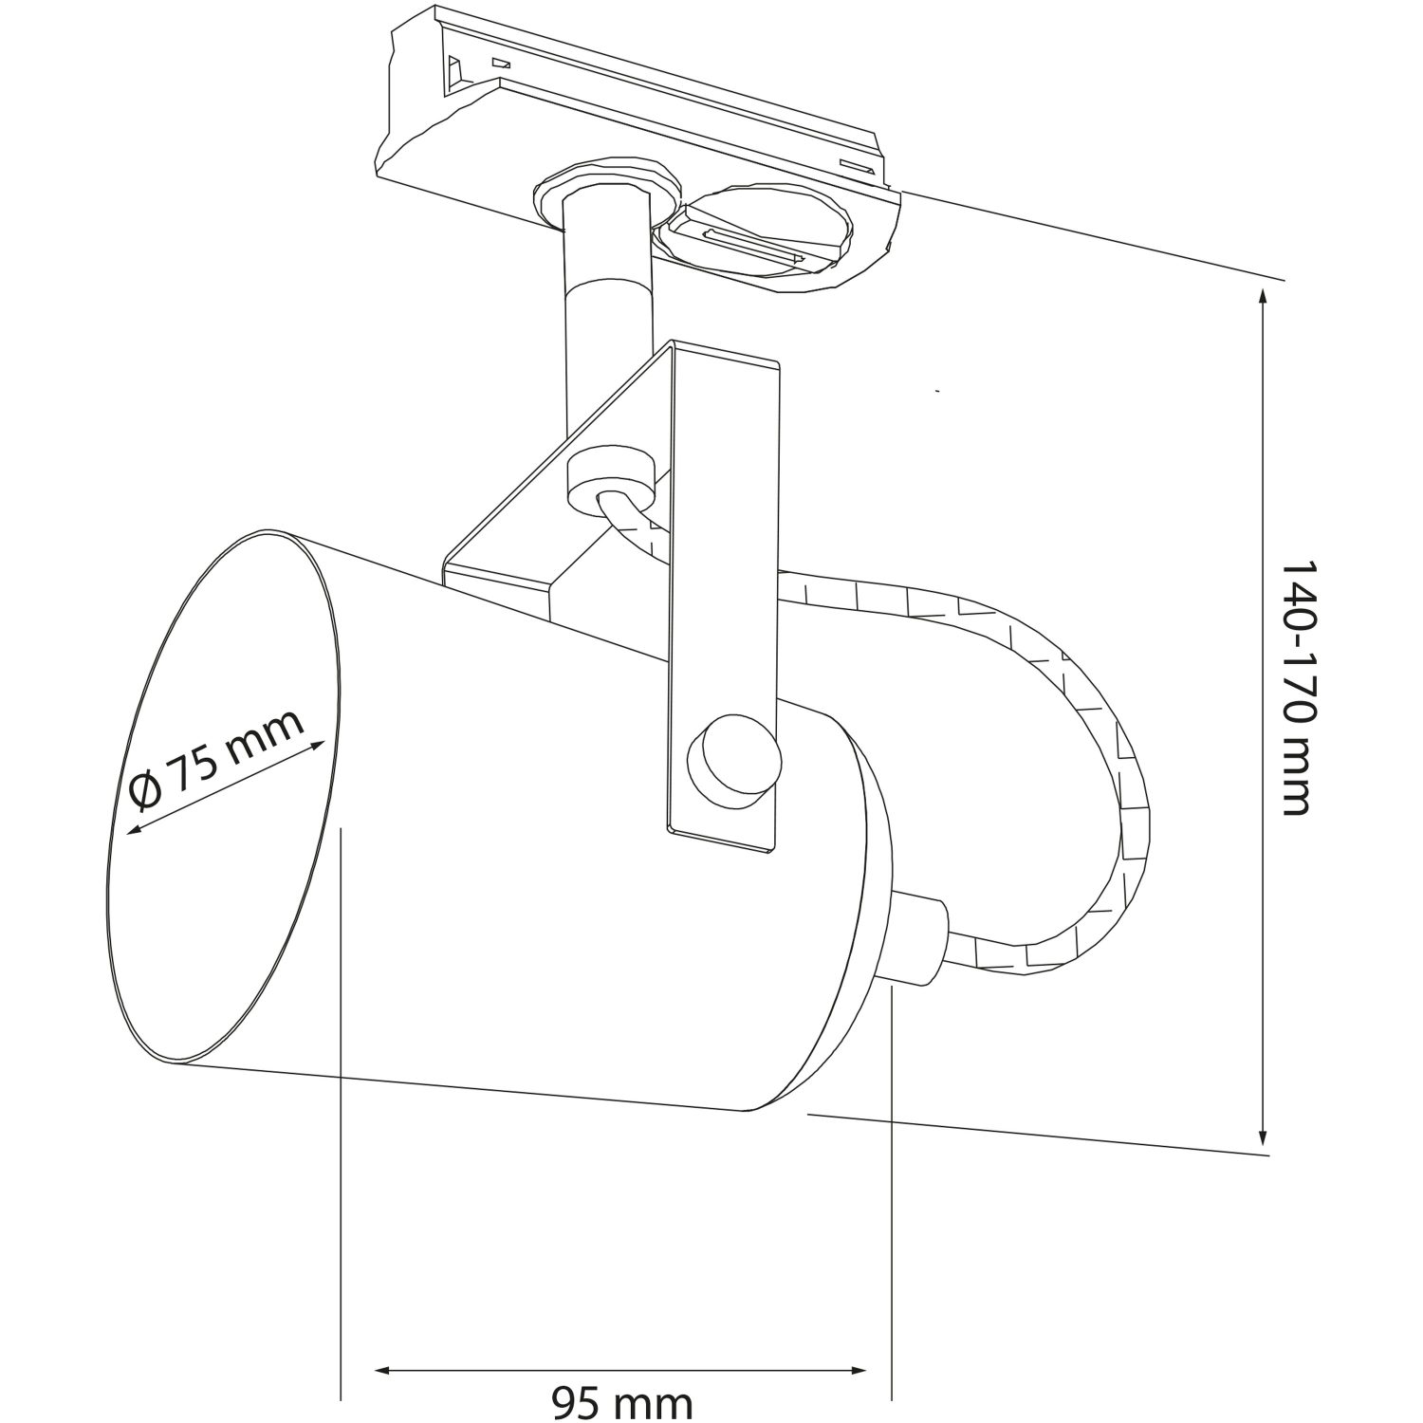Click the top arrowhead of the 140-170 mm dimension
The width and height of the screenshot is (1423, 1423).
1263,297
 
